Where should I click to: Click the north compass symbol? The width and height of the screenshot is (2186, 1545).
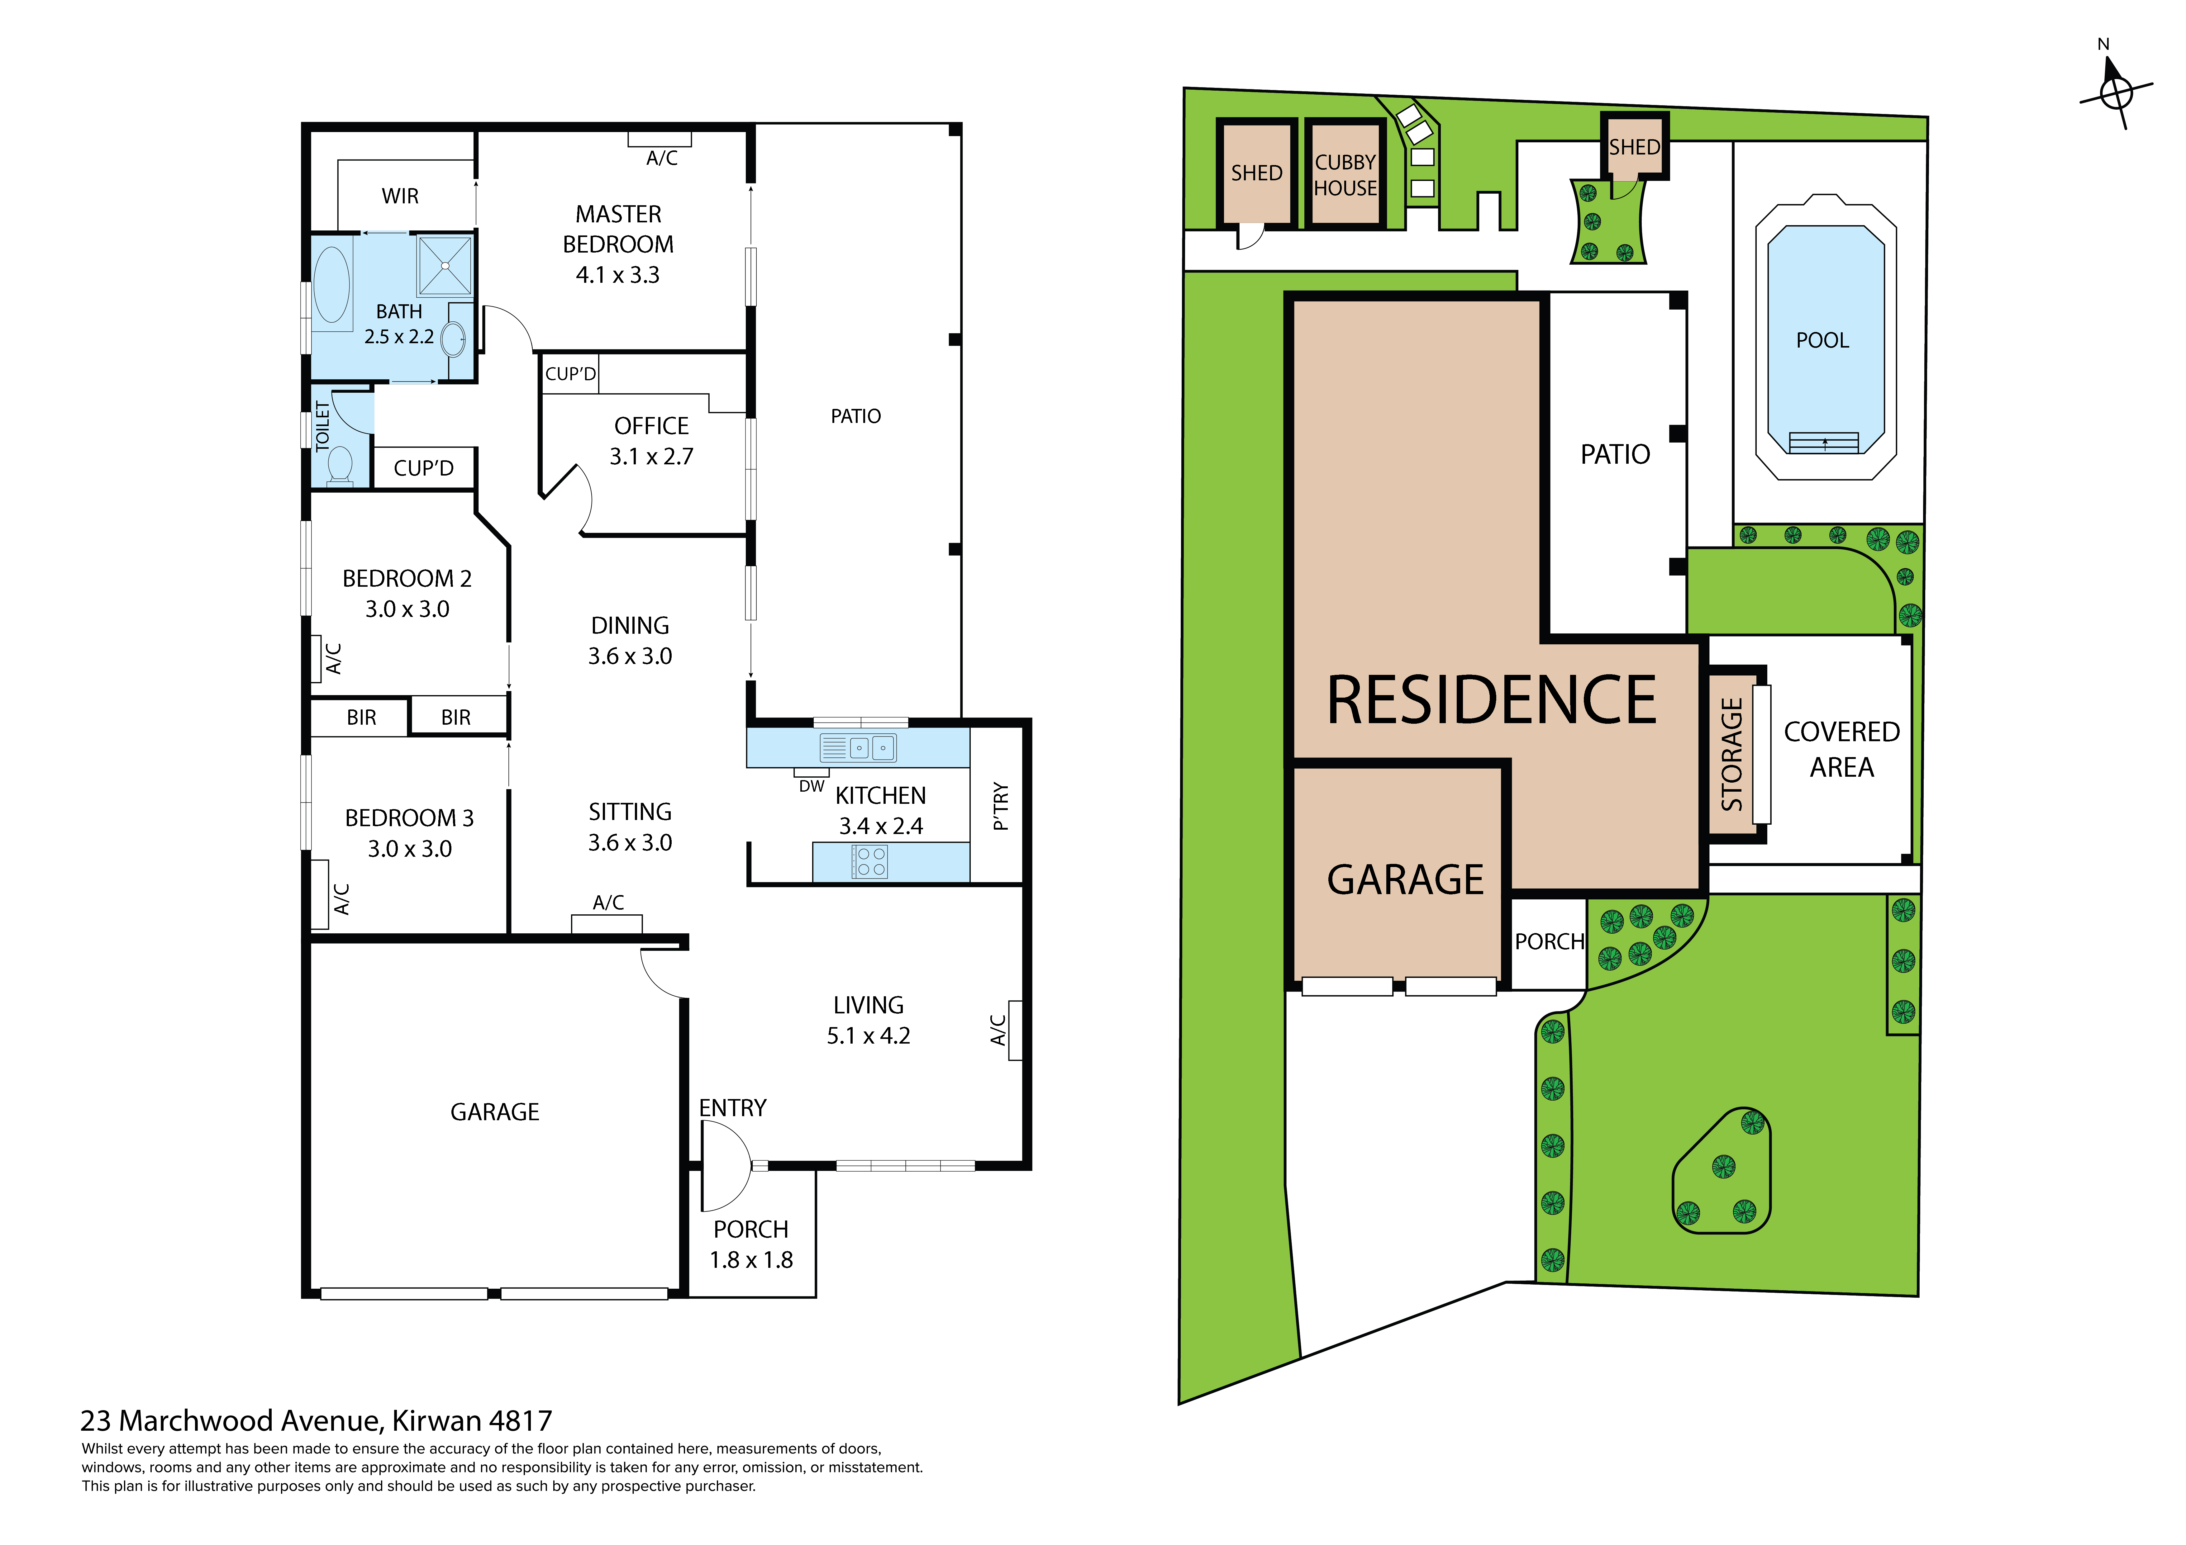(2116, 92)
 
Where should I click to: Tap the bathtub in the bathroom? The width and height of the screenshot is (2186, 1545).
(331, 284)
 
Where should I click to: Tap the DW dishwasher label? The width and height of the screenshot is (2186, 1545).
(811, 786)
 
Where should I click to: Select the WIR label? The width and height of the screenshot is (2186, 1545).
(400, 196)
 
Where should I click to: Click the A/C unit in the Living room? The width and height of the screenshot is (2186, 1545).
(1015, 1030)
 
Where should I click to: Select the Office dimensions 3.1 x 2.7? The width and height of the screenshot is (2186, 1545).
(651, 457)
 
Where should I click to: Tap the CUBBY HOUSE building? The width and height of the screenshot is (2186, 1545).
(1344, 175)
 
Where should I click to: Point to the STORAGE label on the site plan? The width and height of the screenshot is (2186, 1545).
(1732, 754)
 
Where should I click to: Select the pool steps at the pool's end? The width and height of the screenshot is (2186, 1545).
(1823, 443)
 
